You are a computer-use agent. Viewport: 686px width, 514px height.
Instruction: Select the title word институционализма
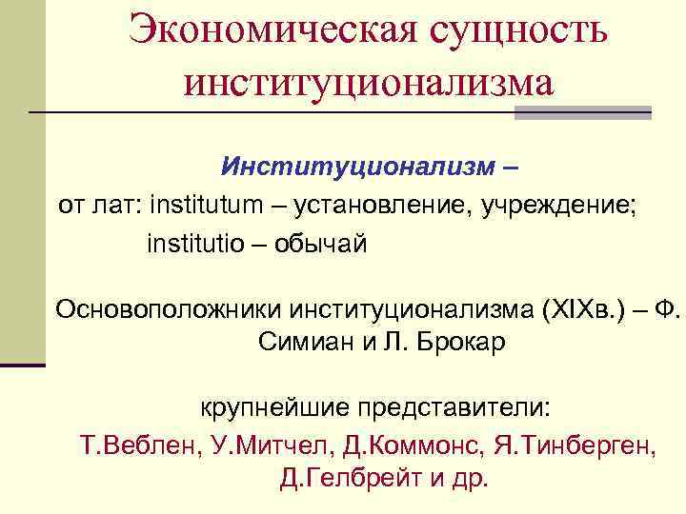369,83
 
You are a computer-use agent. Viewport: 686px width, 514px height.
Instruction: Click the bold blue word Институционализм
358,168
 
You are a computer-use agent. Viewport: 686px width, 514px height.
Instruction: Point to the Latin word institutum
203,204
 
